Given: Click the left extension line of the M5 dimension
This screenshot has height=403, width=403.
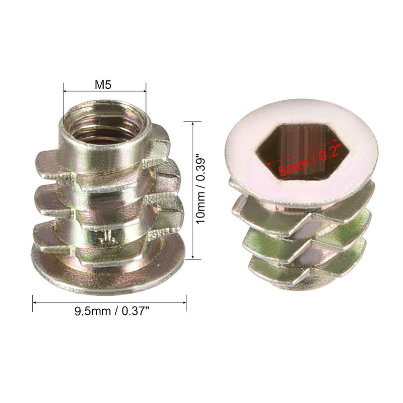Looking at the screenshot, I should click(63, 101).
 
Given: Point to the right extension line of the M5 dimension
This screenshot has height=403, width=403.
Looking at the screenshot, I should click(146, 101).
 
